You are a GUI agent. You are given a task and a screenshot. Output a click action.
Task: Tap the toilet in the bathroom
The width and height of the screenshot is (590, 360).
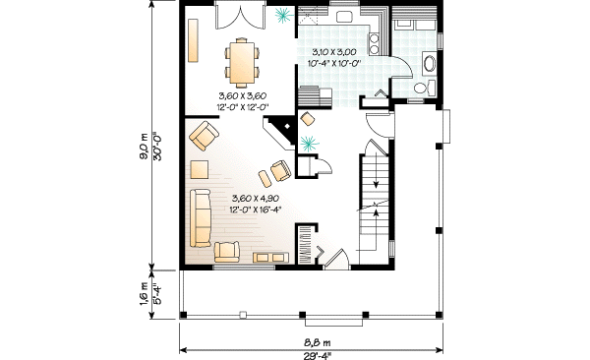pyautogui.click(x=420, y=89)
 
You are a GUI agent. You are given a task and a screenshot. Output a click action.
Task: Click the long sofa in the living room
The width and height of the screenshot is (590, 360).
pyautogui.click(x=201, y=217)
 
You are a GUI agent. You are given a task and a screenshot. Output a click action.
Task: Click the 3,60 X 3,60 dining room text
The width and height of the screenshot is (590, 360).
pyautogui.click(x=242, y=96)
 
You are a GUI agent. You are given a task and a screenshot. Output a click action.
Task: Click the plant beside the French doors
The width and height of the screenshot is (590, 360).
pyautogui.click(x=284, y=15)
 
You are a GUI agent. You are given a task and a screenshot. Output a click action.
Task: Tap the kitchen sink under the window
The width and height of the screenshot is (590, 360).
pyautogui.click(x=347, y=17)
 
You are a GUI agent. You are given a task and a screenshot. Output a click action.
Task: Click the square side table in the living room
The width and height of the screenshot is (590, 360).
pyautogui.click(x=200, y=168)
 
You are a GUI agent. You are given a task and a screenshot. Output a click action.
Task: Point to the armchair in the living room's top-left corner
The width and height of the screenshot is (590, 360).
pyautogui.click(x=204, y=133)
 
